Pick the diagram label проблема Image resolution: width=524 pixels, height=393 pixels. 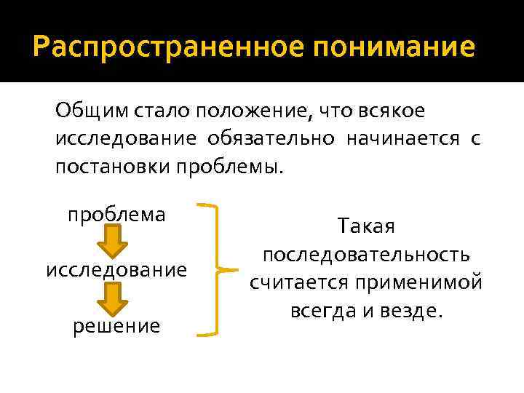tap(116, 215)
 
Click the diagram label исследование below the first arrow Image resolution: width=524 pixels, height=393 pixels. tap(116, 270)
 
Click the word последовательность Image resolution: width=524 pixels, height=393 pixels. tap(366, 255)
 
